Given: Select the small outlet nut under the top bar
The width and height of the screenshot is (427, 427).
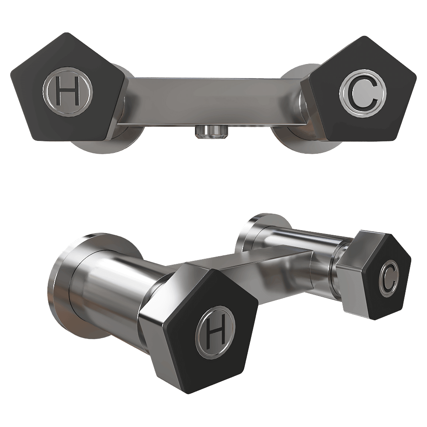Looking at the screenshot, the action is pos(212,132).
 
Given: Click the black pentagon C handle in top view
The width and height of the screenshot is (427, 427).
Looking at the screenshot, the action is pos(361,88).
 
